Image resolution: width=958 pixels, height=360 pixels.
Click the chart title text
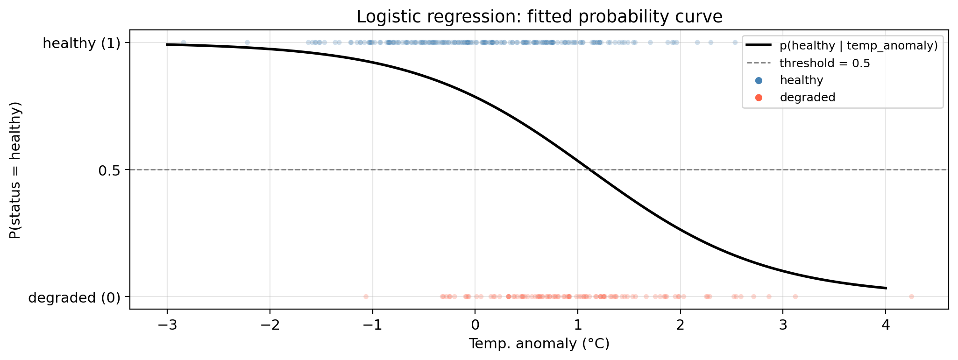(539, 17)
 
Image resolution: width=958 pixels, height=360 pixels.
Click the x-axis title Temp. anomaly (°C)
(539, 344)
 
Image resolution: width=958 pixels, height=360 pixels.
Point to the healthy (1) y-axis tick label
(81, 43)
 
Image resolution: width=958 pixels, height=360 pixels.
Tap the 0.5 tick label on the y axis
(109, 170)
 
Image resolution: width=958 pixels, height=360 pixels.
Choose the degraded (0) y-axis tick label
(74, 297)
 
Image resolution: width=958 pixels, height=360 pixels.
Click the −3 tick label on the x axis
(167, 325)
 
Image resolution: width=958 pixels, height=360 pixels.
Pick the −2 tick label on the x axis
(270, 325)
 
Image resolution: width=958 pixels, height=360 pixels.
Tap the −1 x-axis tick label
(372, 325)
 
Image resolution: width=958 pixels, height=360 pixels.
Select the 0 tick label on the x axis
(475, 325)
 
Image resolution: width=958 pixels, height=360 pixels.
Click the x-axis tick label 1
(578, 325)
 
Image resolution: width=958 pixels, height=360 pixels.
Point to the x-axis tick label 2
(681, 325)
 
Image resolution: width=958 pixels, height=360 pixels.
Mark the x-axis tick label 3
(783, 325)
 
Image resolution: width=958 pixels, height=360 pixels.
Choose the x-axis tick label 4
(886, 325)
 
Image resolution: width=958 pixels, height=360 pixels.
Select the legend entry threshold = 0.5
(825, 64)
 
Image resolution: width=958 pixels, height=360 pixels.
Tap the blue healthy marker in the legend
(759, 80)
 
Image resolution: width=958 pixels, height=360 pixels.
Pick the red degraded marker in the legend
(759, 98)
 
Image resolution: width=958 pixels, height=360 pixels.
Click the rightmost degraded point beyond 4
(911, 296)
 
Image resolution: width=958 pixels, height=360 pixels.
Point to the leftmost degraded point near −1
(366, 296)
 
